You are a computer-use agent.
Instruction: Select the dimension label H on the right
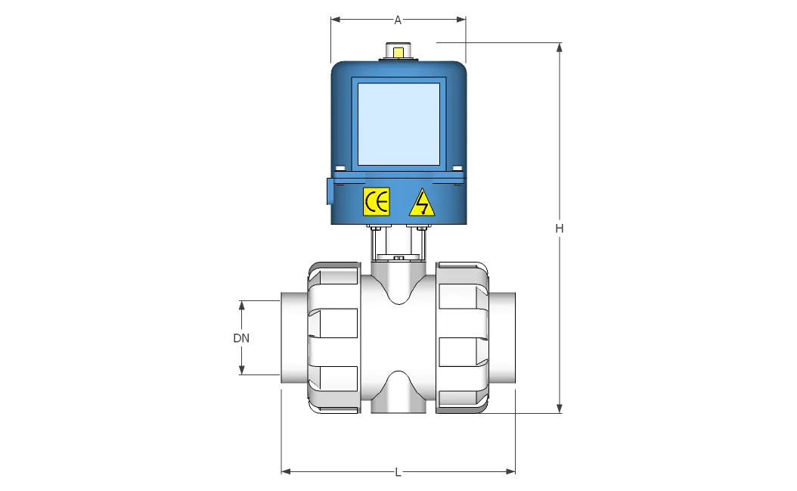(x=560, y=228)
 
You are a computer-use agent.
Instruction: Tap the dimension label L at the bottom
(x=398, y=472)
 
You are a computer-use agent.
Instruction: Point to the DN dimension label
(x=241, y=338)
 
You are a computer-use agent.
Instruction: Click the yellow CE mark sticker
(x=377, y=201)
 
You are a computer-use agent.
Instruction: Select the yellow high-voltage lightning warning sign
(x=422, y=203)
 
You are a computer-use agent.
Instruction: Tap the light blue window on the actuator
(x=398, y=124)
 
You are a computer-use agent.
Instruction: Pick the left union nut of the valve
(x=333, y=337)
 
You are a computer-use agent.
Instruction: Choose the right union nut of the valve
(x=464, y=337)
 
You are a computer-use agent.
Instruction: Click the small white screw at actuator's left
(x=340, y=168)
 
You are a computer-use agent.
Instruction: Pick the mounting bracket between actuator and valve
(x=398, y=242)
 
